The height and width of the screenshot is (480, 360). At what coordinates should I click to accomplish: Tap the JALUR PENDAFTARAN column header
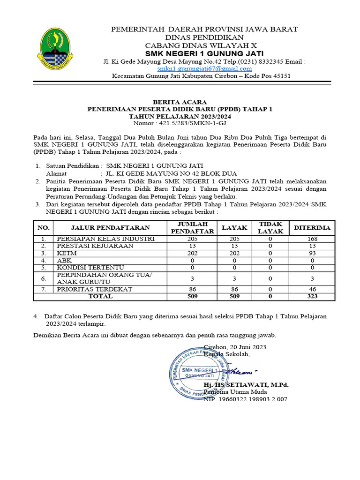[110, 227]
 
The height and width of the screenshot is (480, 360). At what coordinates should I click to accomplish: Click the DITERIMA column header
[312, 227]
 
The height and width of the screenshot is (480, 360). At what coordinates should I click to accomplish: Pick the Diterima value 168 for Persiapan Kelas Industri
[312, 239]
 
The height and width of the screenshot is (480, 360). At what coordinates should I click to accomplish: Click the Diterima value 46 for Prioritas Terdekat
[312, 290]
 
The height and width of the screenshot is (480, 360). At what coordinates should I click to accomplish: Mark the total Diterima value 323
[312, 296]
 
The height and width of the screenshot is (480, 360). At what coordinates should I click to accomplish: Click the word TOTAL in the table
[100, 296]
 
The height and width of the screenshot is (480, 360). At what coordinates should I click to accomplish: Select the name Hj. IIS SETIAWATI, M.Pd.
[246, 385]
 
